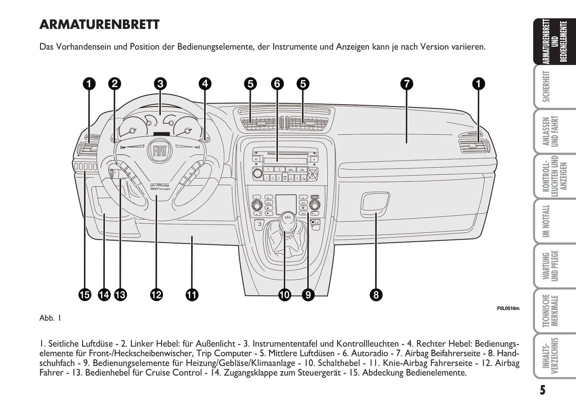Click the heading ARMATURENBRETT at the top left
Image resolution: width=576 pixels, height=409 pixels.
[x=100, y=25]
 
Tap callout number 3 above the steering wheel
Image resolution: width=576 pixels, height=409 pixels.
[x=160, y=84]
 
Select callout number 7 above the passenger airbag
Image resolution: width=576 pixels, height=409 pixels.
[x=406, y=84]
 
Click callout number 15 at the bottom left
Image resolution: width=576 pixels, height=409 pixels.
[x=85, y=295]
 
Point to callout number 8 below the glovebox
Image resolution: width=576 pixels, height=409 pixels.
[x=376, y=295]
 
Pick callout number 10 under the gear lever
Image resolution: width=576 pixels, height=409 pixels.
[x=285, y=295]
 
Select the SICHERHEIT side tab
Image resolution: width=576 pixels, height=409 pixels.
[x=550, y=86]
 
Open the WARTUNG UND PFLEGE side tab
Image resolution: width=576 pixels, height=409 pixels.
[x=550, y=266]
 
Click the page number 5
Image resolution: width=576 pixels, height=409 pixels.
[x=543, y=390]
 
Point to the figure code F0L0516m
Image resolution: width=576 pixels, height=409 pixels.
[x=508, y=308]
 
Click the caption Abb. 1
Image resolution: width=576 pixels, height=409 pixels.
[x=50, y=318]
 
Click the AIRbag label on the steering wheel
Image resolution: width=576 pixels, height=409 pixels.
[x=160, y=186]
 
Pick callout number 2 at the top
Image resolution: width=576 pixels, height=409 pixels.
[x=115, y=84]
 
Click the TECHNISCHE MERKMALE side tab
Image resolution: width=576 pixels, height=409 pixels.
[x=550, y=311]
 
